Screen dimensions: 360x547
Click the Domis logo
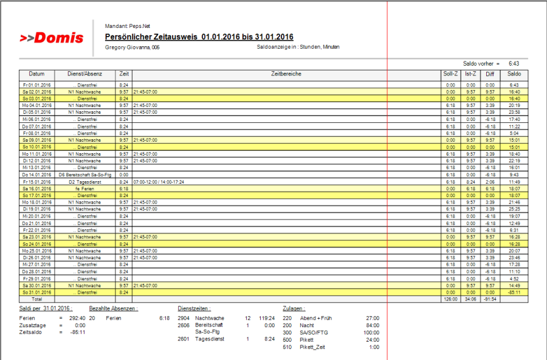pyautogui.click(x=52, y=38)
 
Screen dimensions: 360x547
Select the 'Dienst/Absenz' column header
pyautogui.click(x=84, y=74)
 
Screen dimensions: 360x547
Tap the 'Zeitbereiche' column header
pyautogui.click(x=286, y=74)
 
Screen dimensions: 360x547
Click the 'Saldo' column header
pyautogui.click(x=514, y=74)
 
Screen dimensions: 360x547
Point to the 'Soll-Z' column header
pyautogui.click(x=450, y=74)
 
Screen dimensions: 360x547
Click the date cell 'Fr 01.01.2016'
pyautogui.click(x=37, y=85)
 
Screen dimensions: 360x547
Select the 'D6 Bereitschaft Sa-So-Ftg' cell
pyautogui.click(x=84, y=175)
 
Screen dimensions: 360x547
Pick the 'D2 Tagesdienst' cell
pyautogui.click(x=84, y=181)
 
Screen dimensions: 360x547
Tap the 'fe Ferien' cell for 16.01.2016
pyautogui.click(x=84, y=189)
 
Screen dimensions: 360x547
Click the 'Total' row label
pyautogui.click(x=37, y=299)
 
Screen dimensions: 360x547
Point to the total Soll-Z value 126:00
pyautogui.click(x=450, y=299)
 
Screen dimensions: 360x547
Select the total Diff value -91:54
pyautogui.click(x=490, y=299)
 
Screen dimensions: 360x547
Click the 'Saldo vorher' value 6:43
pyautogui.click(x=514, y=63)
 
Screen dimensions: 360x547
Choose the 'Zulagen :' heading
pyautogui.click(x=294, y=308)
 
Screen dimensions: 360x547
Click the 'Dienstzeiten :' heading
pyautogui.click(x=193, y=308)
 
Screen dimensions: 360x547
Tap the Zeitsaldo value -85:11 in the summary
pyautogui.click(x=77, y=333)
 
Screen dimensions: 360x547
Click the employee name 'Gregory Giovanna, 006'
pyautogui.click(x=132, y=47)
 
